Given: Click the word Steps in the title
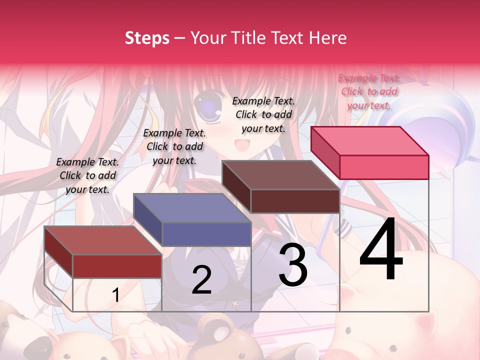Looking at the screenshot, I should [147, 38].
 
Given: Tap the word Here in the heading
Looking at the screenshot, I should [327, 38].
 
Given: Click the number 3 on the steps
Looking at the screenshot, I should [293, 265].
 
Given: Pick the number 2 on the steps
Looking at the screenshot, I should [201, 280].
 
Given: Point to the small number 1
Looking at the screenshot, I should [115, 295].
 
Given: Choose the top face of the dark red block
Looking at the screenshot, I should [103, 240].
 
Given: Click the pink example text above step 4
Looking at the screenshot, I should [369, 91].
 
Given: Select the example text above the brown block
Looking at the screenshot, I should [263, 114].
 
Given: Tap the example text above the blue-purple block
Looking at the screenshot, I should [174, 146].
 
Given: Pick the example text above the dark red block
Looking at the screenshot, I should [87, 175].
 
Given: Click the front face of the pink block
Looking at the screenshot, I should [384, 167].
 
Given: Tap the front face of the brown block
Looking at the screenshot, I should [295, 201].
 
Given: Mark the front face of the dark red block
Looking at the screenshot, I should [117, 266].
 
